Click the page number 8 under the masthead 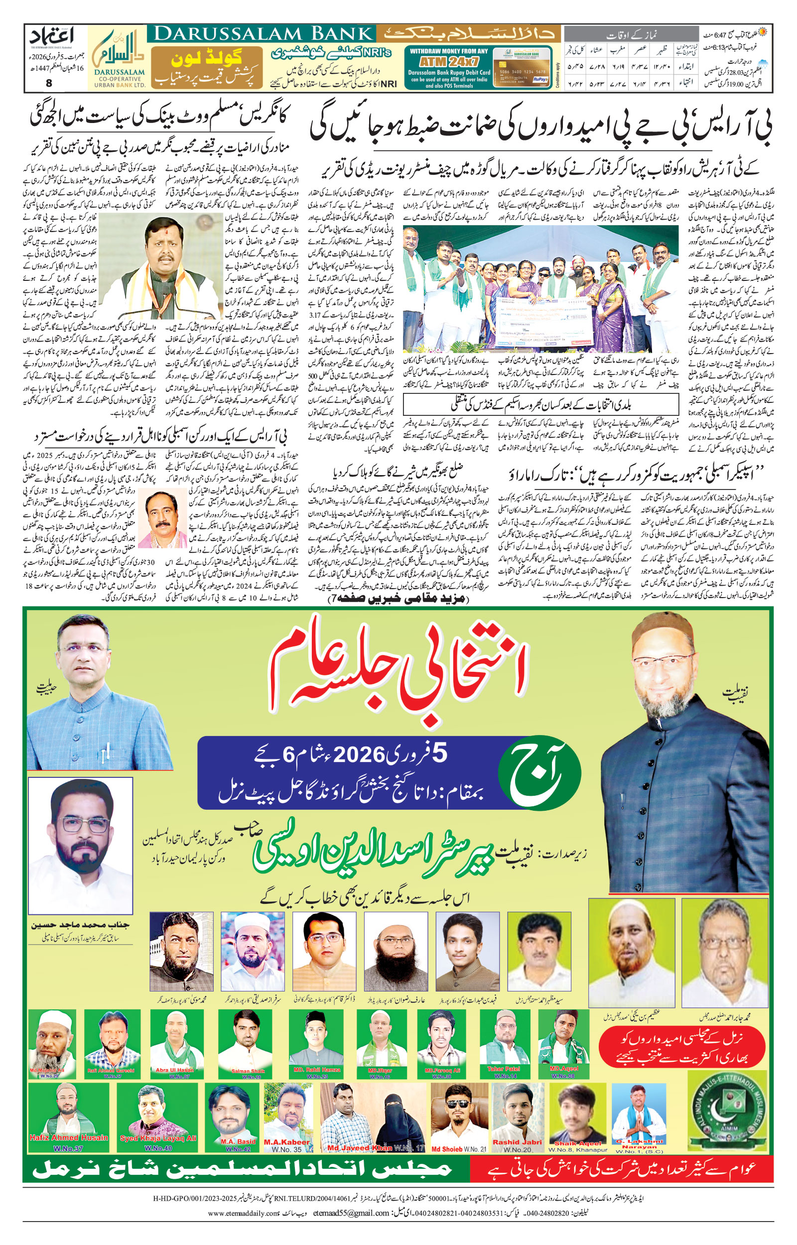tap(49, 83)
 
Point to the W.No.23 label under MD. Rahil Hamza tap(317, 1076)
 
